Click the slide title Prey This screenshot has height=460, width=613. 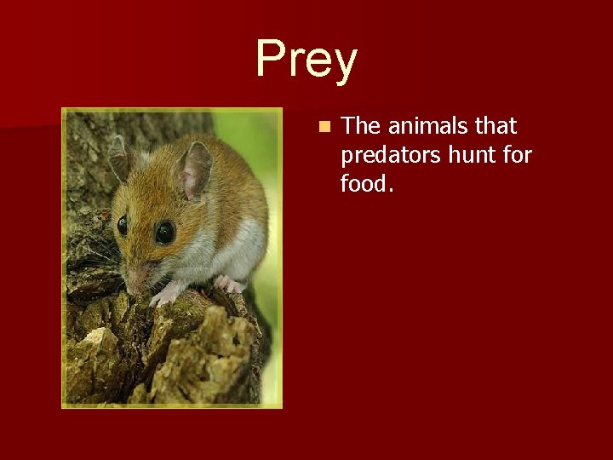click(x=306, y=60)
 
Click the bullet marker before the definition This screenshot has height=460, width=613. click(x=324, y=127)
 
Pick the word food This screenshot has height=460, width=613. click(x=363, y=184)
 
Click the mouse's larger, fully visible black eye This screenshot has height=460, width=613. click(x=164, y=231)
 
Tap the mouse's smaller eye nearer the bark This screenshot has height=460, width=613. click(x=123, y=226)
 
